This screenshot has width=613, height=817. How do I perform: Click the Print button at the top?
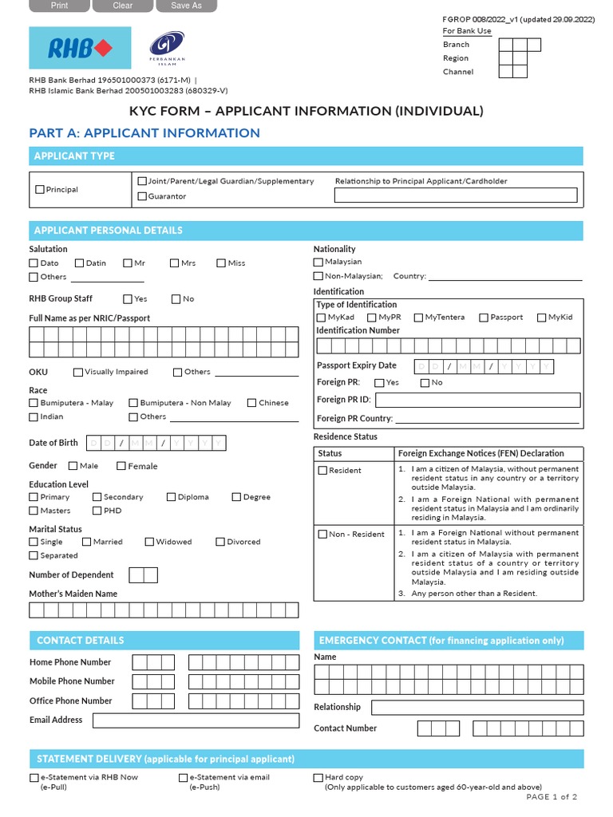pyautogui.click(x=59, y=6)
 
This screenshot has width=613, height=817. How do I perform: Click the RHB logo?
pyautogui.click(x=81, y=48)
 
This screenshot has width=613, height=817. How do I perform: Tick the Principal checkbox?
pyautogui.click(x=40, y=190)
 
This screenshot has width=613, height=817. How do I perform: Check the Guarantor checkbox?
pyautogui.click(x=142, y=196)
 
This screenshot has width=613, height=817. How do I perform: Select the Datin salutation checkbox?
pyautogui.click(x=80, y=263)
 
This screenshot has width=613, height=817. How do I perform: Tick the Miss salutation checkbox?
pyautogui.click(x=221, y=263)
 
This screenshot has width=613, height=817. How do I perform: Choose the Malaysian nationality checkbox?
pyautogui.click(x=318, y=262)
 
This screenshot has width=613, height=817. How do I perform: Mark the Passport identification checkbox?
pyautogui.click(x=484, y=318)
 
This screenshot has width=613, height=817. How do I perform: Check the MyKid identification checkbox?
pyautogui.click(x=541, y=318)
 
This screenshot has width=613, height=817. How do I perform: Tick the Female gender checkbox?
pyautogui.click(x=121, y=466)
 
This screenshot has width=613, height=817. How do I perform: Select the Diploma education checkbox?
pyautogui.click(x=171, y=497)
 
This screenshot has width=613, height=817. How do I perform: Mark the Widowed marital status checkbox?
pyautogui.click(x=149, y=542)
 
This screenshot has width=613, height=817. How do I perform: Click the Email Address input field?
pyautogui.click(x=195, y=720)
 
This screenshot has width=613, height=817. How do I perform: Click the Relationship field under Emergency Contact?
pyautogui.click(x=477, y=708)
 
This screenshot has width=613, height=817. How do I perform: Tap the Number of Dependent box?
pyautogui.click(x=143, y=575)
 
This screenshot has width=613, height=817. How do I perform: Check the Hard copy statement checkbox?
pyautogui.click(x=318, y=777)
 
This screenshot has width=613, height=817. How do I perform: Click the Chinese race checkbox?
pyautogui.click(x=251, y=403)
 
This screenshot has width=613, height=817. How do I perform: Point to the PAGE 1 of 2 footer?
pyautogui.click(x=552, y=796)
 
